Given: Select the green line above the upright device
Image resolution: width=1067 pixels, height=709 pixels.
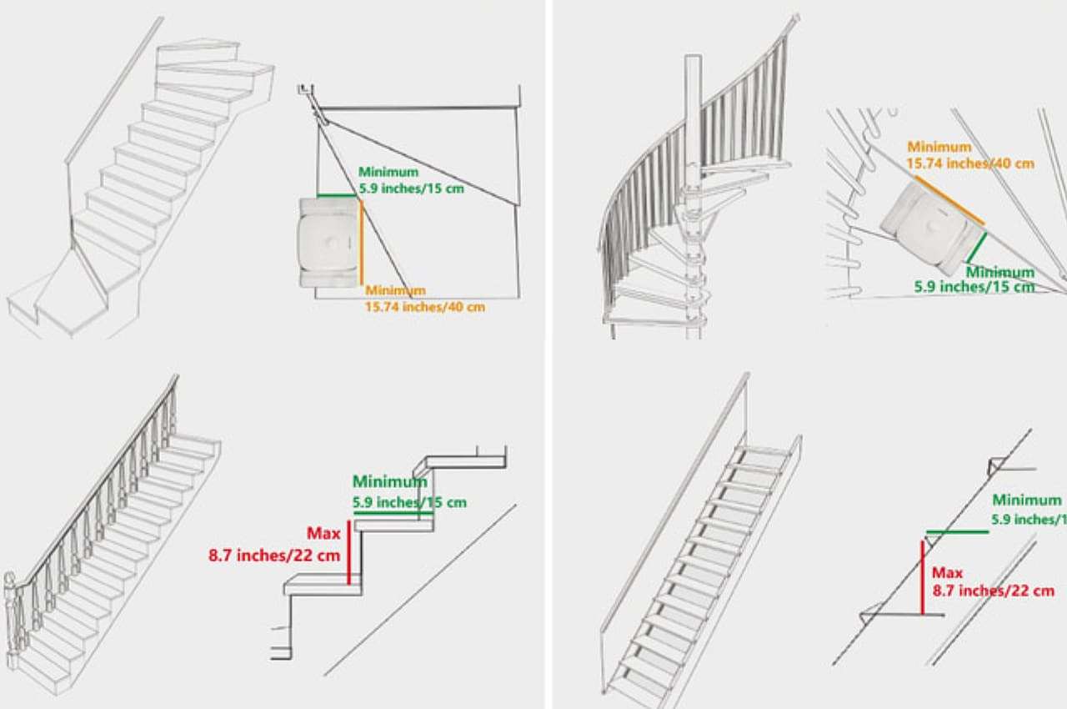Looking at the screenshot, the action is point(336,196).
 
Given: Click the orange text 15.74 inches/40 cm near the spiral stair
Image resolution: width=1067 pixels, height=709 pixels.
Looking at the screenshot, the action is point(970,163).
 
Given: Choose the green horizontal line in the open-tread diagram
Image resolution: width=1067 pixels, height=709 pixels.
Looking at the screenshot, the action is point(958,531).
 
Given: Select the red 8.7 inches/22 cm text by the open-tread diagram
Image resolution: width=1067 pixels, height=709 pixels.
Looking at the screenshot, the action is point(993,591).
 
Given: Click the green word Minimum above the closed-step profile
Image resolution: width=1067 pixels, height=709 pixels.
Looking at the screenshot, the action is point(389,481).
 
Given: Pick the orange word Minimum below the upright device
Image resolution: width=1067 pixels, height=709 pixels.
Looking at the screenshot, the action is point(395,290).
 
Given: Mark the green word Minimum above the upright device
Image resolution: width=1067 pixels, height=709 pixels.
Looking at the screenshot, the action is point(388,172).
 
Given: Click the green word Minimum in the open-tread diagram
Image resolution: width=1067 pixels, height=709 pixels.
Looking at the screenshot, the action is point(1026,500).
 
